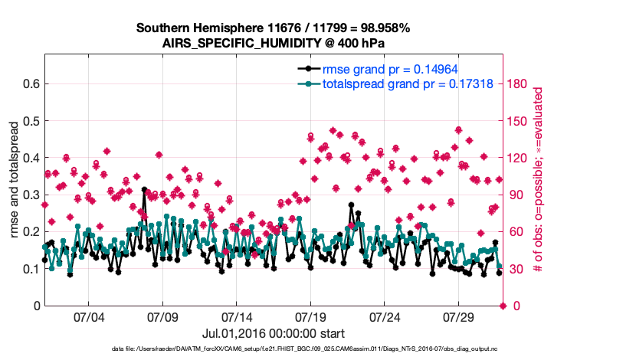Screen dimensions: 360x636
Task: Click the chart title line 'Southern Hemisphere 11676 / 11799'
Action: (274, 28)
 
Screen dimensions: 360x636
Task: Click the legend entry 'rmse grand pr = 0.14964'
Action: (390, 68)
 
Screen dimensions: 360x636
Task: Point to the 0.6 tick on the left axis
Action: (31, 83)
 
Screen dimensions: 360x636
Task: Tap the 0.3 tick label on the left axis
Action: (31, 195)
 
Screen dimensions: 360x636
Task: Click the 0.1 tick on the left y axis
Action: (31, 269)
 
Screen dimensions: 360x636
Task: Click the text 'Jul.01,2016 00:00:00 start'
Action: (274, 333)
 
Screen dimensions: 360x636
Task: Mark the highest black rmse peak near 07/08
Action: (144, 189)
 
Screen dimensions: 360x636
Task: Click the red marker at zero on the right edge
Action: (503, 306)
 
